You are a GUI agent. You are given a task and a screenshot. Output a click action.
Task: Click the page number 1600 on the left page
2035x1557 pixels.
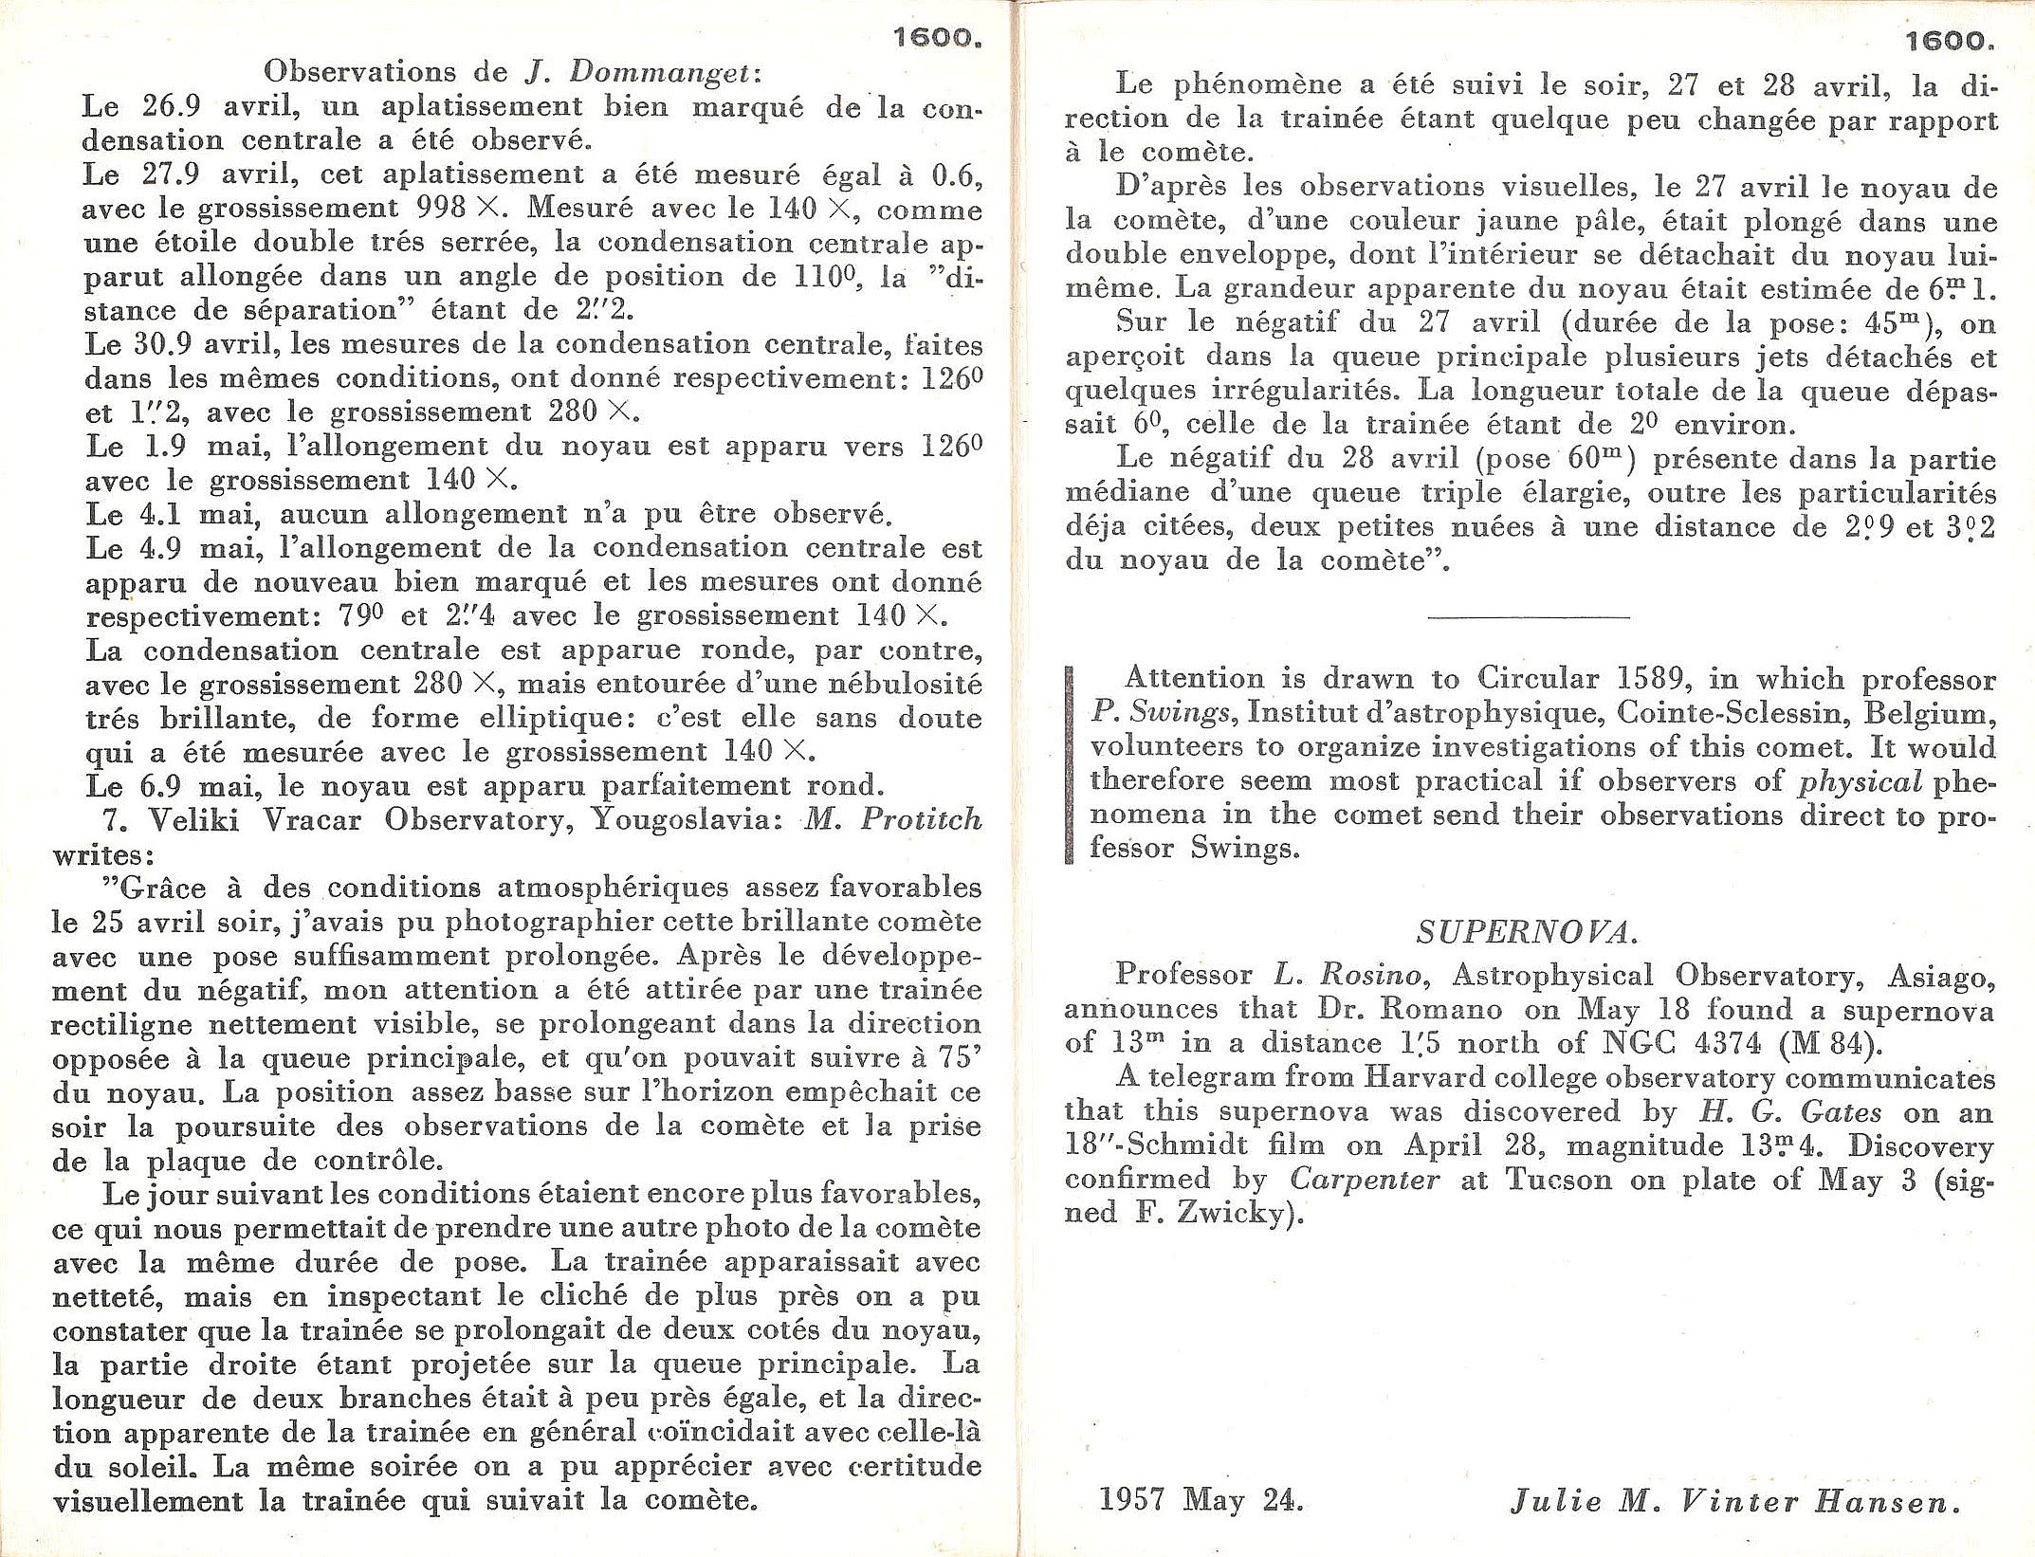pyautogui.click(x=937, y=38)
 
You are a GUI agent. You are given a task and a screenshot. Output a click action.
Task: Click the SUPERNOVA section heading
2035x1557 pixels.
pyautogui.click(x=1528, y=933)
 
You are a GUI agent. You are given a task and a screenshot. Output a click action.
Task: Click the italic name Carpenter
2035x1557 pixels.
pyautogui.click(x=1365, y=1180)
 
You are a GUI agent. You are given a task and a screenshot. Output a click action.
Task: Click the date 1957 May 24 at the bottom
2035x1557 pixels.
pyautogui.click(x=1201, y=1501)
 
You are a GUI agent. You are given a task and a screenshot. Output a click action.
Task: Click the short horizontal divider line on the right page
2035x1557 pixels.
pyautogui.click(x=1528, y=617)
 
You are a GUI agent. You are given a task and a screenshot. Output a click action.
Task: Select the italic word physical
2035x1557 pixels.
pyautogui.click(x=1861, y=781)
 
